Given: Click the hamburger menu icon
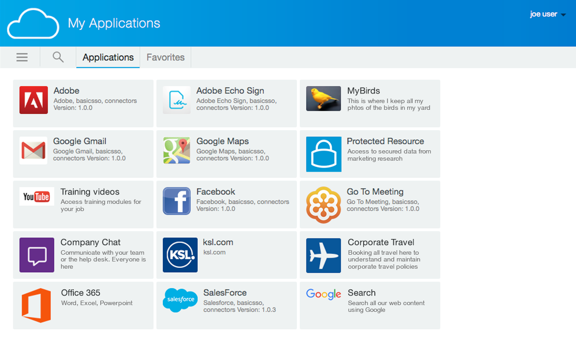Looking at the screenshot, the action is point(22,57).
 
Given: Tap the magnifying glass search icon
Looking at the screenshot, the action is point(58,57).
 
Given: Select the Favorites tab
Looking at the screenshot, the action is point(165,57).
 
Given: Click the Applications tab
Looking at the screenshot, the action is point(108,57).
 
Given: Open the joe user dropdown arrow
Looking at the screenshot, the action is point(563,15).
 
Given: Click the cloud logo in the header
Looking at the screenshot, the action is point(33,23).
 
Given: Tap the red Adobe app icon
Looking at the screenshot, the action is point(33,100).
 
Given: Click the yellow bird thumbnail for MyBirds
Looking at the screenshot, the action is point(324,99).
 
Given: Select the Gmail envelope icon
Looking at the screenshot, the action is point(33,150).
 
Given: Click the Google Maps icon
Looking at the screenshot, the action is point(177,150).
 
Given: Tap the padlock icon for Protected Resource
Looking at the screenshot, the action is point(324,154).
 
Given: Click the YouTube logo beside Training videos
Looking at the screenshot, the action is point(37,197).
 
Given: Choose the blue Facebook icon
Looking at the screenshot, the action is point(177,201).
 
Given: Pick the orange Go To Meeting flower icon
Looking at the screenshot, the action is point(324,205).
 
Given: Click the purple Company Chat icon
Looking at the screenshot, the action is point(37,255).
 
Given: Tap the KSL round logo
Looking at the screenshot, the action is point(180,255).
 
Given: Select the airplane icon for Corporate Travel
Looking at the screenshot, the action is point(324,255).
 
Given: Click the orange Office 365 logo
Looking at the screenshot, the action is point(36,305).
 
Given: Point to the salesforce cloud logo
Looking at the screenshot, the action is point(180,300).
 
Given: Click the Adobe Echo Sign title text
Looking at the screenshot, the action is point(230,91).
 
